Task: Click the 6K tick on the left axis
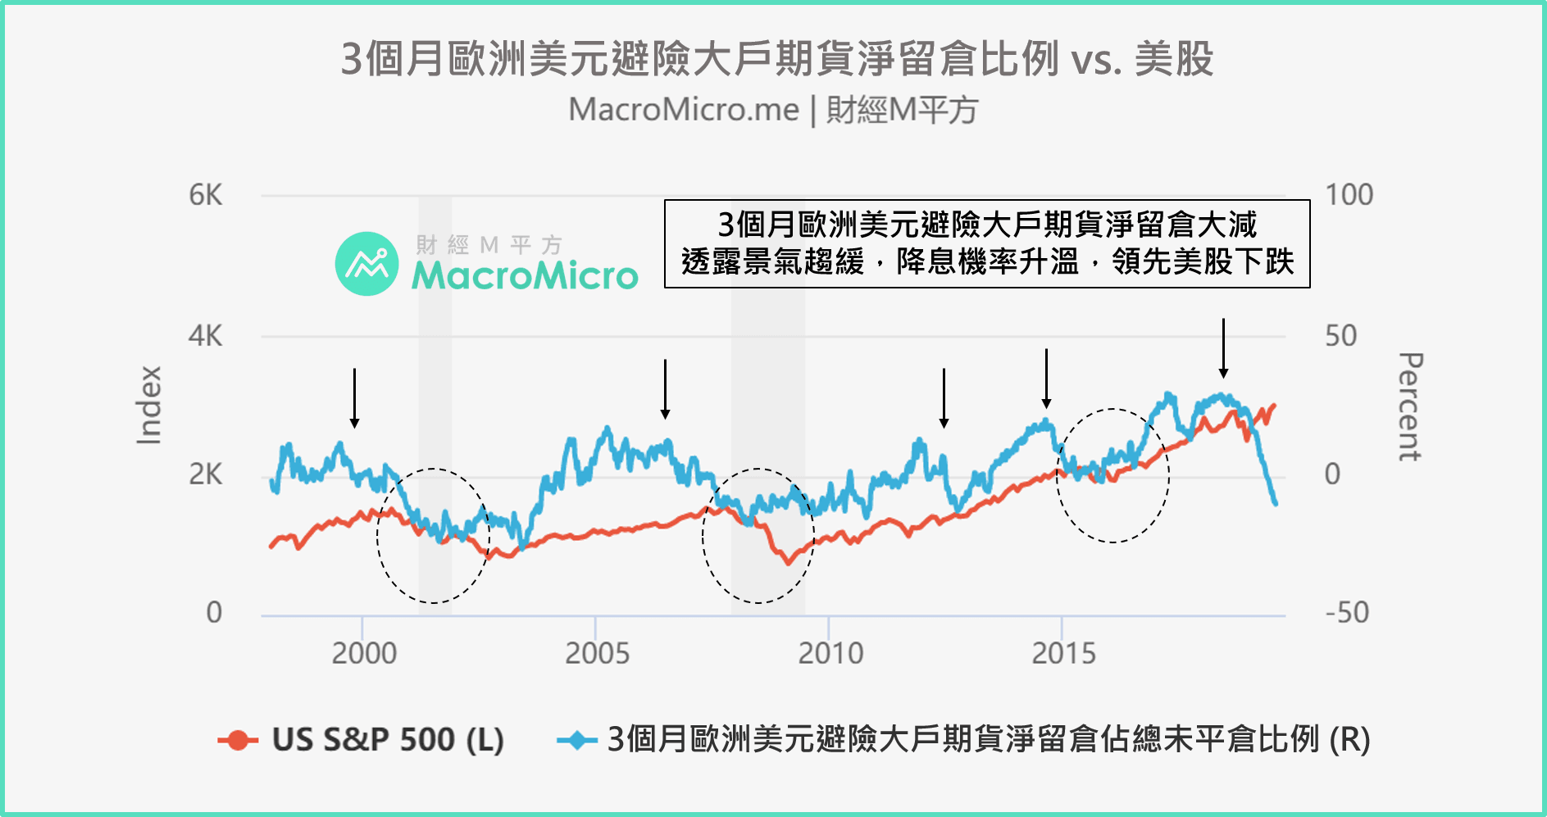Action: click(x=205, y=196)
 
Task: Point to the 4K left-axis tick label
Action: click(x=205, y=336)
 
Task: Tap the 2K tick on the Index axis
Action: click(x=205, y=474)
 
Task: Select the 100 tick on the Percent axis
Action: click(x=1349, y=196)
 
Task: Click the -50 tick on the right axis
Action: click(x=1346, y=613)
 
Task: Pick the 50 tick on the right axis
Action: click(x=1340, y=336)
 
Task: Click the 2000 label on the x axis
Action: click(x=364, y=654)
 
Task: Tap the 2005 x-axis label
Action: click(x=597, y=654)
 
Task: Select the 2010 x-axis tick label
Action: click(x=830, y=654)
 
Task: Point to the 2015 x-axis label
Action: click(x=1063, y=654)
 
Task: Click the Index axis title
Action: click(x=149, y=406)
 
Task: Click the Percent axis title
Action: click(x=1409, y=406)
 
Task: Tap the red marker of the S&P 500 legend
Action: click(x=238, y=740)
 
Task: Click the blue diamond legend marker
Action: click(x=577, y=740)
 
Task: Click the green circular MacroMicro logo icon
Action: click(x=366, y=264)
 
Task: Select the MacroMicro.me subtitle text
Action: click(x=683, y=110)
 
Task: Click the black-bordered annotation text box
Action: click(x=987, y=243)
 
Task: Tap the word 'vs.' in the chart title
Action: click(x=1097, y=60)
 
